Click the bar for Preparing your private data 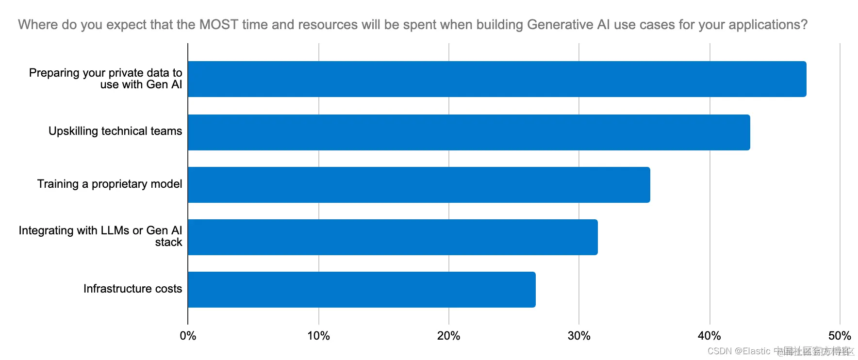click(x=497, y=79)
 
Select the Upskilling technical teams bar click(x=469, y=132)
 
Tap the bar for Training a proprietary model click(x=419, y=185)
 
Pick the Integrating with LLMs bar click(x=393, y=237)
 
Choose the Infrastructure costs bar click(x=362, y=290)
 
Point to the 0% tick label click(x=188, y=336)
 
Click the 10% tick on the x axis click(x=318, y=336)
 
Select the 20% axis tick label click(x=448, y=336)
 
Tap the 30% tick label click(x=579, y=336)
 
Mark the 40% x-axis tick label click(x=709, y=336)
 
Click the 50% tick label click(x=840, y=336)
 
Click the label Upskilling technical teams click(x=115, y=131)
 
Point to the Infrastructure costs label click(x=132, y=289)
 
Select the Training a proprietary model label click(x=110, y=184)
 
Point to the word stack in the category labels click(x=168, y=242)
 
